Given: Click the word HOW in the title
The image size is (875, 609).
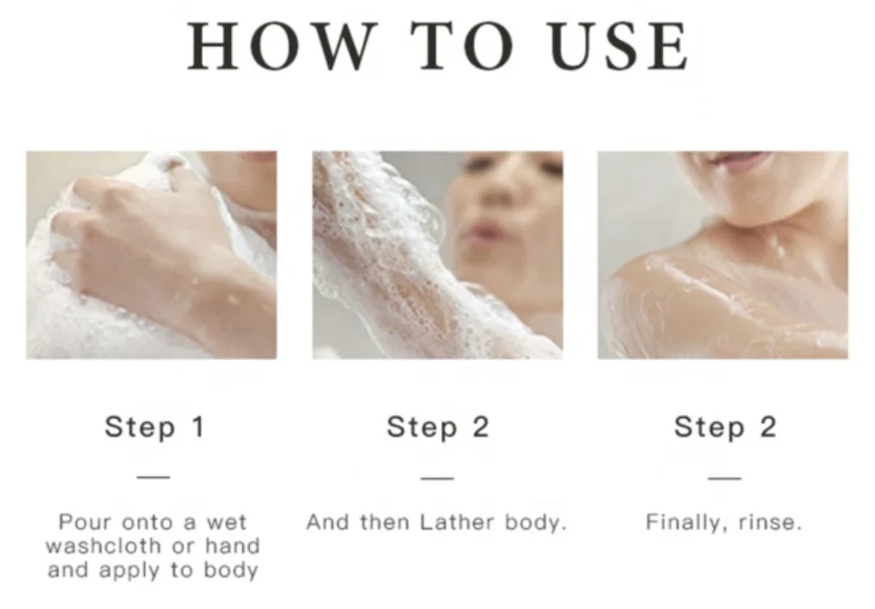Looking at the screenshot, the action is [280, 46].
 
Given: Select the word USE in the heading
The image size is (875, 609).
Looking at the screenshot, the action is [619, 46].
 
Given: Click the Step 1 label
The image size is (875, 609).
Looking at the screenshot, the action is [155, 428].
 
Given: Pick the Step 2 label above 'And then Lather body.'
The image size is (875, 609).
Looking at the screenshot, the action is [438, 428].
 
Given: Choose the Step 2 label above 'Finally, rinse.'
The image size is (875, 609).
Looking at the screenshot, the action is [725, 428].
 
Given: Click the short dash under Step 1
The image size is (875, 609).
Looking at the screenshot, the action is [153, 478].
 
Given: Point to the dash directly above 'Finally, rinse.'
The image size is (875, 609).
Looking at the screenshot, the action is [725, 478].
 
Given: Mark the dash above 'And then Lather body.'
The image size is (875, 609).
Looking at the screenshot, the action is [437, 478].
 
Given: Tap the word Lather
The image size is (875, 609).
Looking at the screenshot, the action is [457, 523].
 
